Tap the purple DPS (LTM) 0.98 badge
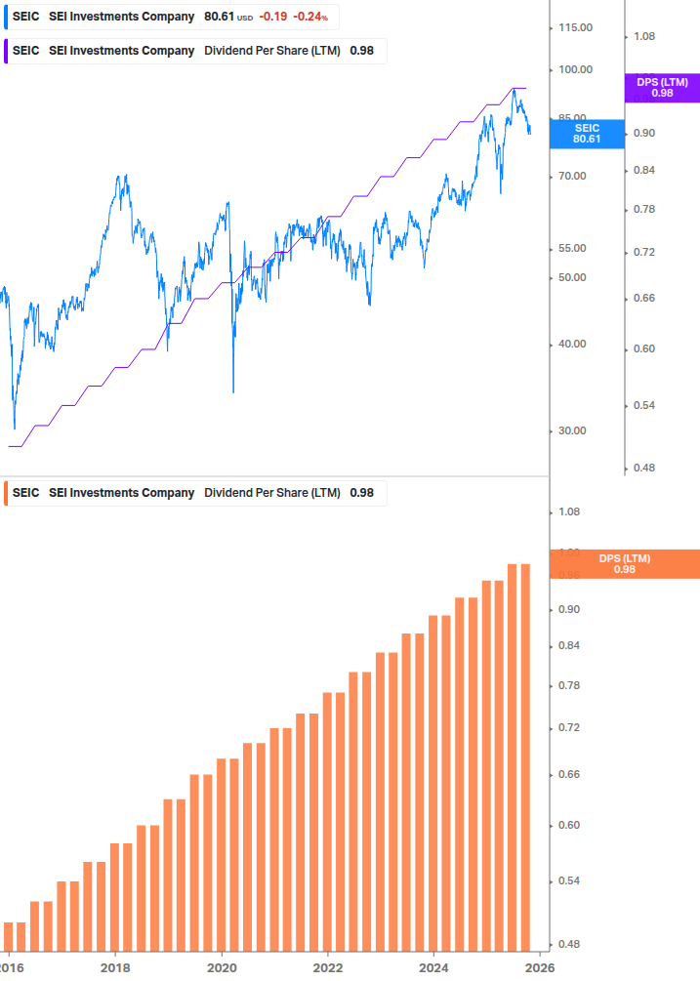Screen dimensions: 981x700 click(662, 88)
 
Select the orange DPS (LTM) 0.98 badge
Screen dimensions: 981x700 click(625, 563)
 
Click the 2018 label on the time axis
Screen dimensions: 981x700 click(115, 966)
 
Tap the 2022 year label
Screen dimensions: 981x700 click(328, 966)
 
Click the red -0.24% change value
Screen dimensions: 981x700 click(310, 17)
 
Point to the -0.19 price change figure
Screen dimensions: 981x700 click(272, 17)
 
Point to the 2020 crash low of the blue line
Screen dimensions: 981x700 click(233, 391)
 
